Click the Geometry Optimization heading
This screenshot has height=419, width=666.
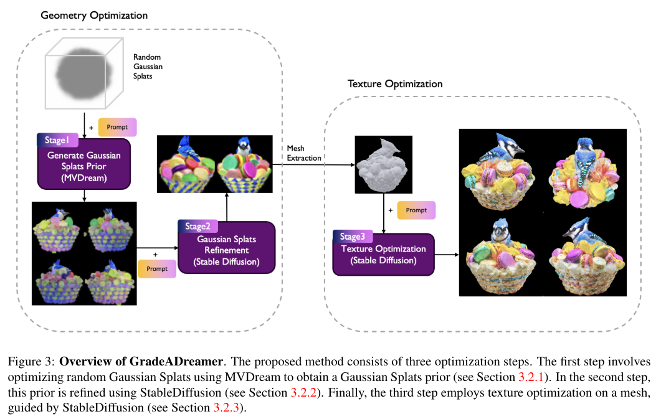pyautogui.click(x=94, y=16)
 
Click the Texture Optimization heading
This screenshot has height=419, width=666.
pyautogui.click(x=395, y=83)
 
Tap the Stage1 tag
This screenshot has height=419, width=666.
pyautogui.click(x=57, y=139)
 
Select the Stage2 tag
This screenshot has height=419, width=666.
pyautogui.click(x=197, y=226)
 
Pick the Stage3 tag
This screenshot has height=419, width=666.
pyautogui.click(x=353, y=236)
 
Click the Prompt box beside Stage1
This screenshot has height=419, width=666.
pyautogui.click(x=117, y=127)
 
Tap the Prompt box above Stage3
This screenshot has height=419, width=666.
pyautogui.click(x=416, y=210)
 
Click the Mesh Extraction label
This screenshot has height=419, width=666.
pyautogui.click(x=303, y=153)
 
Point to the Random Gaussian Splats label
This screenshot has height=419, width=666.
pyautogui.click(x=148, y=67)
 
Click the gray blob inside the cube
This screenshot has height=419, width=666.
pyautogui.click(x=84, y=73)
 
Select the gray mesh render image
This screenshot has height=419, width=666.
pyautogui.click(x=384, y=165)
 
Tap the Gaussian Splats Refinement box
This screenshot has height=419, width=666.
pyautogui.click(x=226, y=248)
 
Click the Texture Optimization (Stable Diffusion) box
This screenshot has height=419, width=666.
pyautogui.click(x=384, y=254)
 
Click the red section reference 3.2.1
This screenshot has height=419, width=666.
pyautogui.click(x=531, y=377)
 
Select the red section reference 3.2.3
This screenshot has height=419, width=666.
pyautogui.click(x=226, y=408)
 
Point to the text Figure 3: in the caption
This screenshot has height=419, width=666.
pyautogui.click(x=31, y=362)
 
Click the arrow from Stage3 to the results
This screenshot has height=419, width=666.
pyautogui.click(x=447, y=255)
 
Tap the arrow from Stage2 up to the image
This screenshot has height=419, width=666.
pyautogui.click(x=227, y=207)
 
